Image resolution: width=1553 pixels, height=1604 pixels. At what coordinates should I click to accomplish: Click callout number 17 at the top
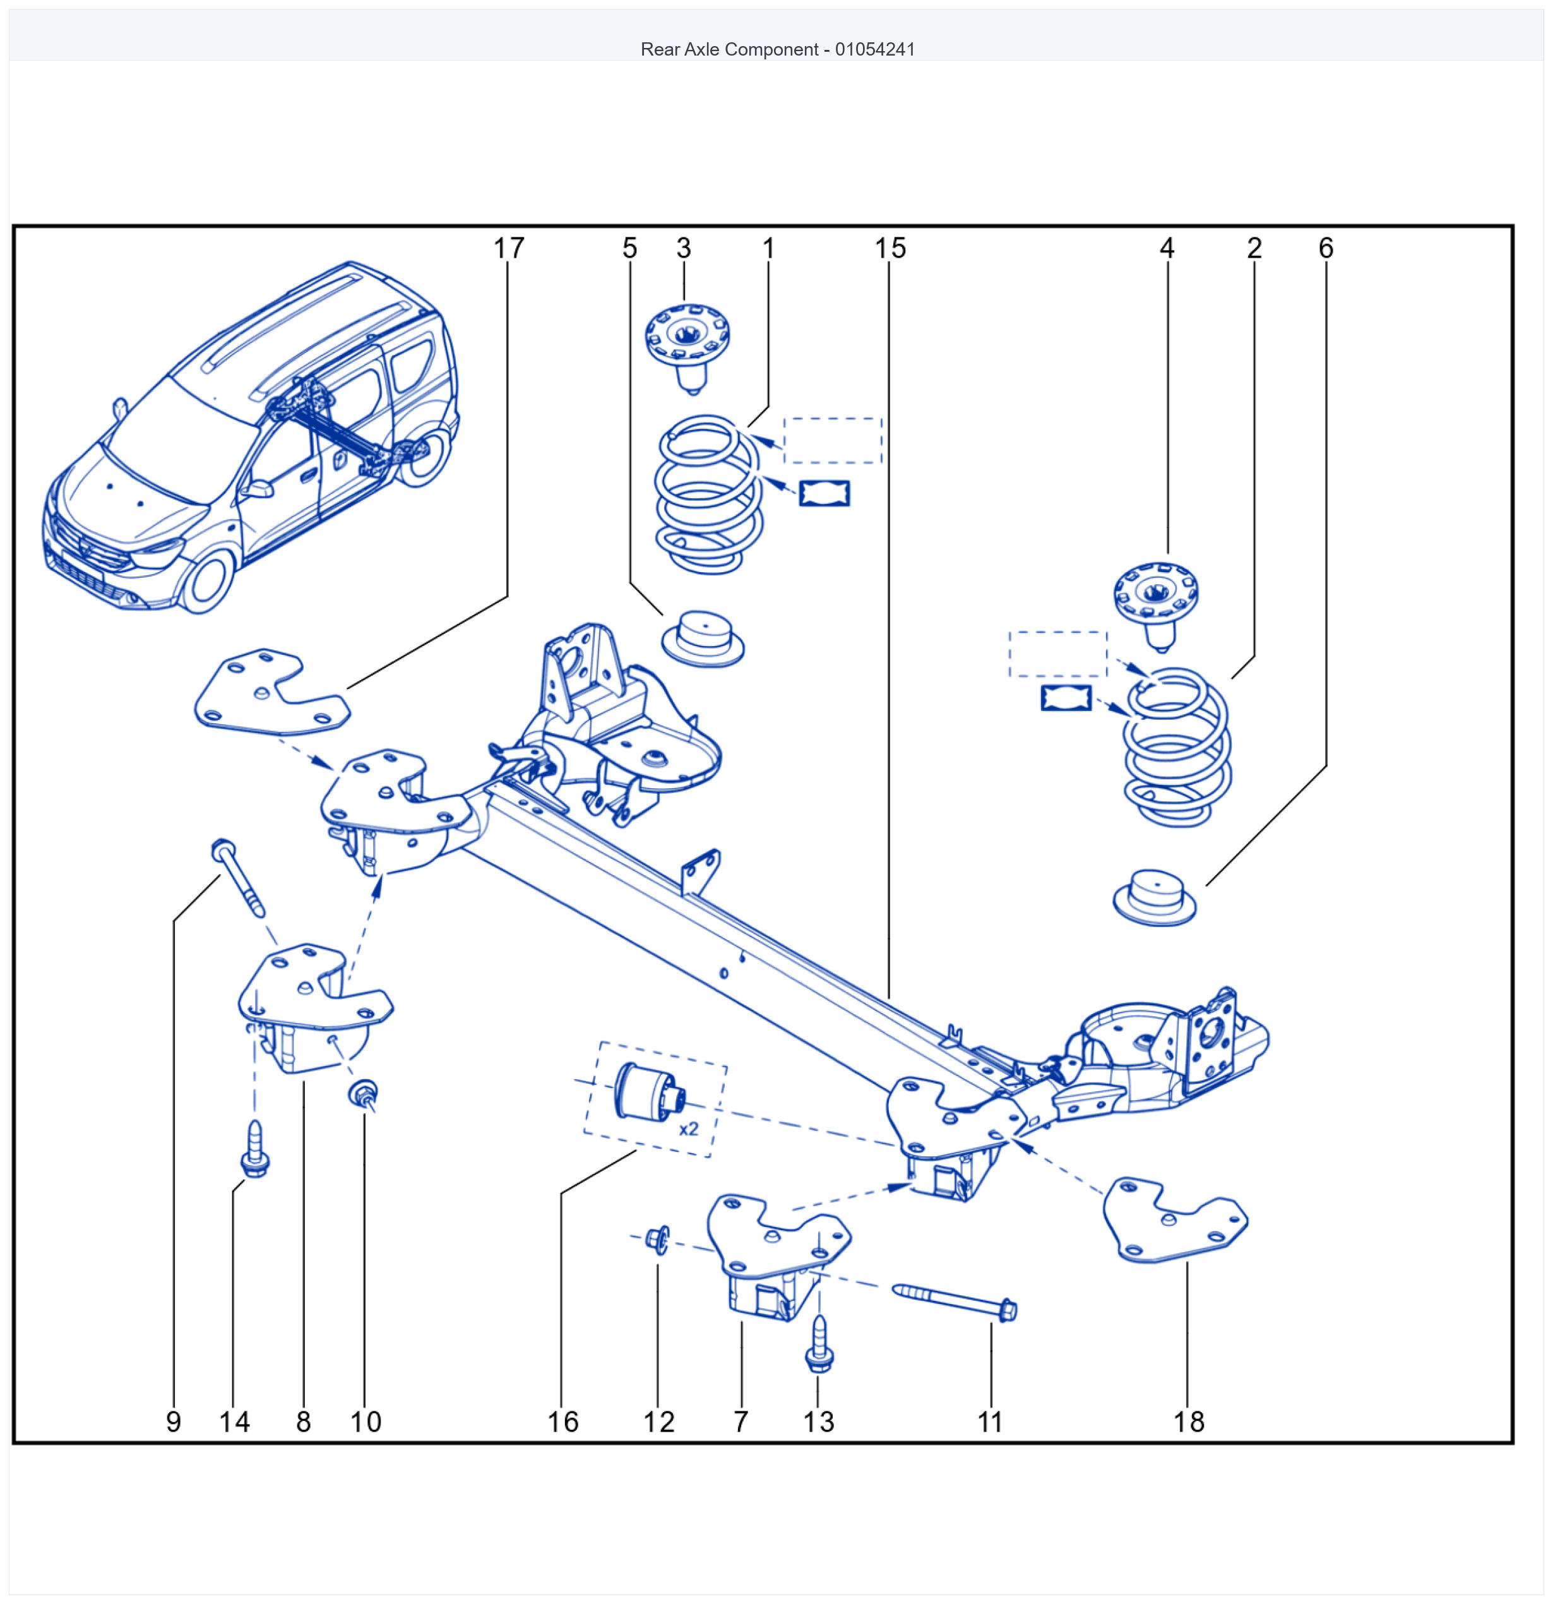[x=508, y=248]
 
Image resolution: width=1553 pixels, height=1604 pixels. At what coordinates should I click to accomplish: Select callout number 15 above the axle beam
[x=890, y=248]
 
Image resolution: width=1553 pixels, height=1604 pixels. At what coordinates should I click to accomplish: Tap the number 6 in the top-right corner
[x=1326, y=248]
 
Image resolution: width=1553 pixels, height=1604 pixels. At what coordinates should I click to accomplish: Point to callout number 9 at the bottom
[x=174, y=1421]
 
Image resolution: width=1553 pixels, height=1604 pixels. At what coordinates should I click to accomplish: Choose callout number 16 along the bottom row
[x=563, y=1421]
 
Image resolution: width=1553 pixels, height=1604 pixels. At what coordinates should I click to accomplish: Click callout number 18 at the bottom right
[x=1189, y=1421]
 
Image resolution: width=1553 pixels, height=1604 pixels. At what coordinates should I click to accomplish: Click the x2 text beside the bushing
[x=689, y=1128]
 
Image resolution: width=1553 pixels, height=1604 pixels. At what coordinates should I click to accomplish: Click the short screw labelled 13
[x=819, y=1344]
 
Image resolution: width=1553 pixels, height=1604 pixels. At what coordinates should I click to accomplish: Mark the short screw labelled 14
[x=255, y=1148]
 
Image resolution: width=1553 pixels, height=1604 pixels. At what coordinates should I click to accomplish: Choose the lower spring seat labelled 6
[x=1155, y=898]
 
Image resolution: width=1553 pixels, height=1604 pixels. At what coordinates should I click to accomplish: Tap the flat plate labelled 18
[x=1175, y=1221]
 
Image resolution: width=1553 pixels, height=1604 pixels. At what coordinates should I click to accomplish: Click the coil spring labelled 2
[x=1177, y=746]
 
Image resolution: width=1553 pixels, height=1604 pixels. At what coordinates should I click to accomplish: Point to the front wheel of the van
[x=207, y=582]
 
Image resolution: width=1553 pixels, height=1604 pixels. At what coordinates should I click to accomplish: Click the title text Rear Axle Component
[x=729, y=49]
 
